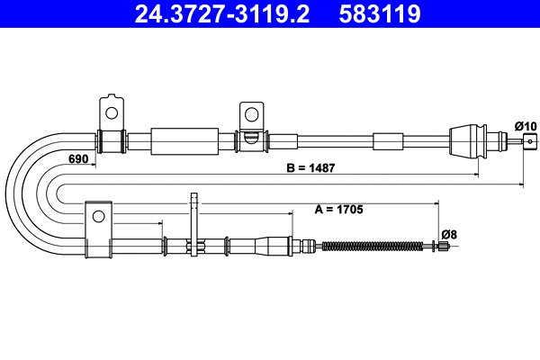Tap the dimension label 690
79,158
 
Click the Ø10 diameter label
525,125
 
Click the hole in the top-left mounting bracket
112,112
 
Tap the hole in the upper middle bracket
249,115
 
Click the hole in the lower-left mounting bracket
97,214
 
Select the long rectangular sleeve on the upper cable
184,141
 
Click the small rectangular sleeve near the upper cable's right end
389,140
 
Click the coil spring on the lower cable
371,245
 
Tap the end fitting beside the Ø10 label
530,139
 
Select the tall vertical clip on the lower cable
193,225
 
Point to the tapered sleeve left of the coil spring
274,244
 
